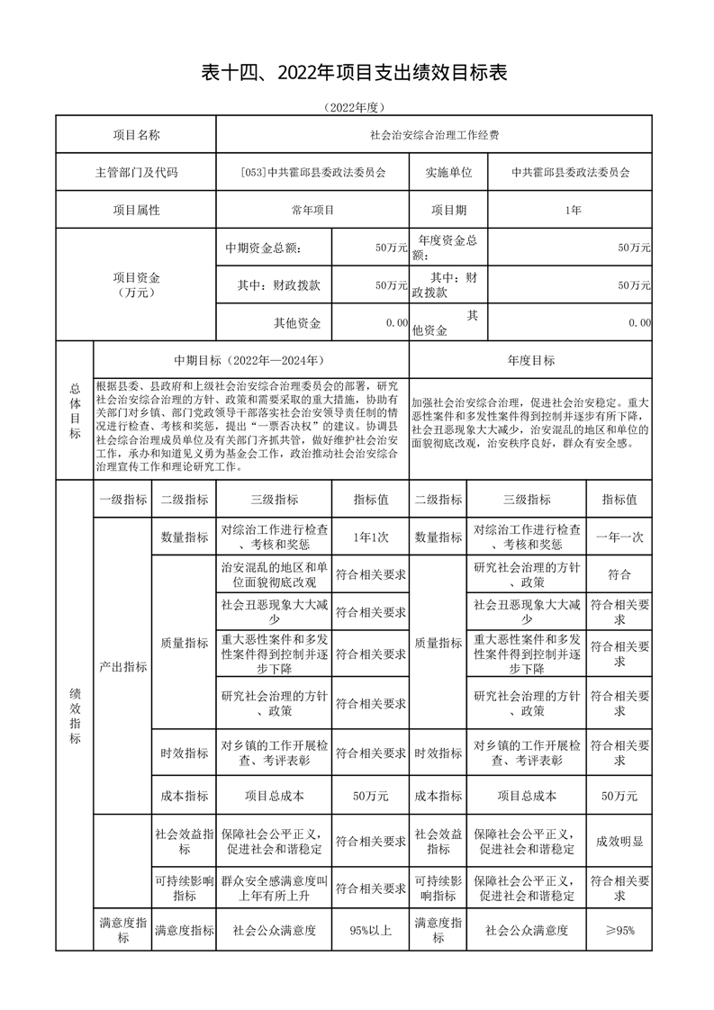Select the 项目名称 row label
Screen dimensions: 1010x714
136,135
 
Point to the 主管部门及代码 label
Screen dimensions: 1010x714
136,173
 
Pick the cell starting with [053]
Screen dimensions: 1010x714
312,173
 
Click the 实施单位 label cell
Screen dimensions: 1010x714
447,173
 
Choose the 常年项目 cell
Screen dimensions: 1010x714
312,210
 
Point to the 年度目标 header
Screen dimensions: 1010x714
530,360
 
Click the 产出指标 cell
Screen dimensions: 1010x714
122,667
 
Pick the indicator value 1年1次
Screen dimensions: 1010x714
370,537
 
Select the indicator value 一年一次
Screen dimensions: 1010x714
619,537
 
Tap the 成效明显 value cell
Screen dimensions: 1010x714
619,842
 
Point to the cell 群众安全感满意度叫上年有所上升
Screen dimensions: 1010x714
274,888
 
